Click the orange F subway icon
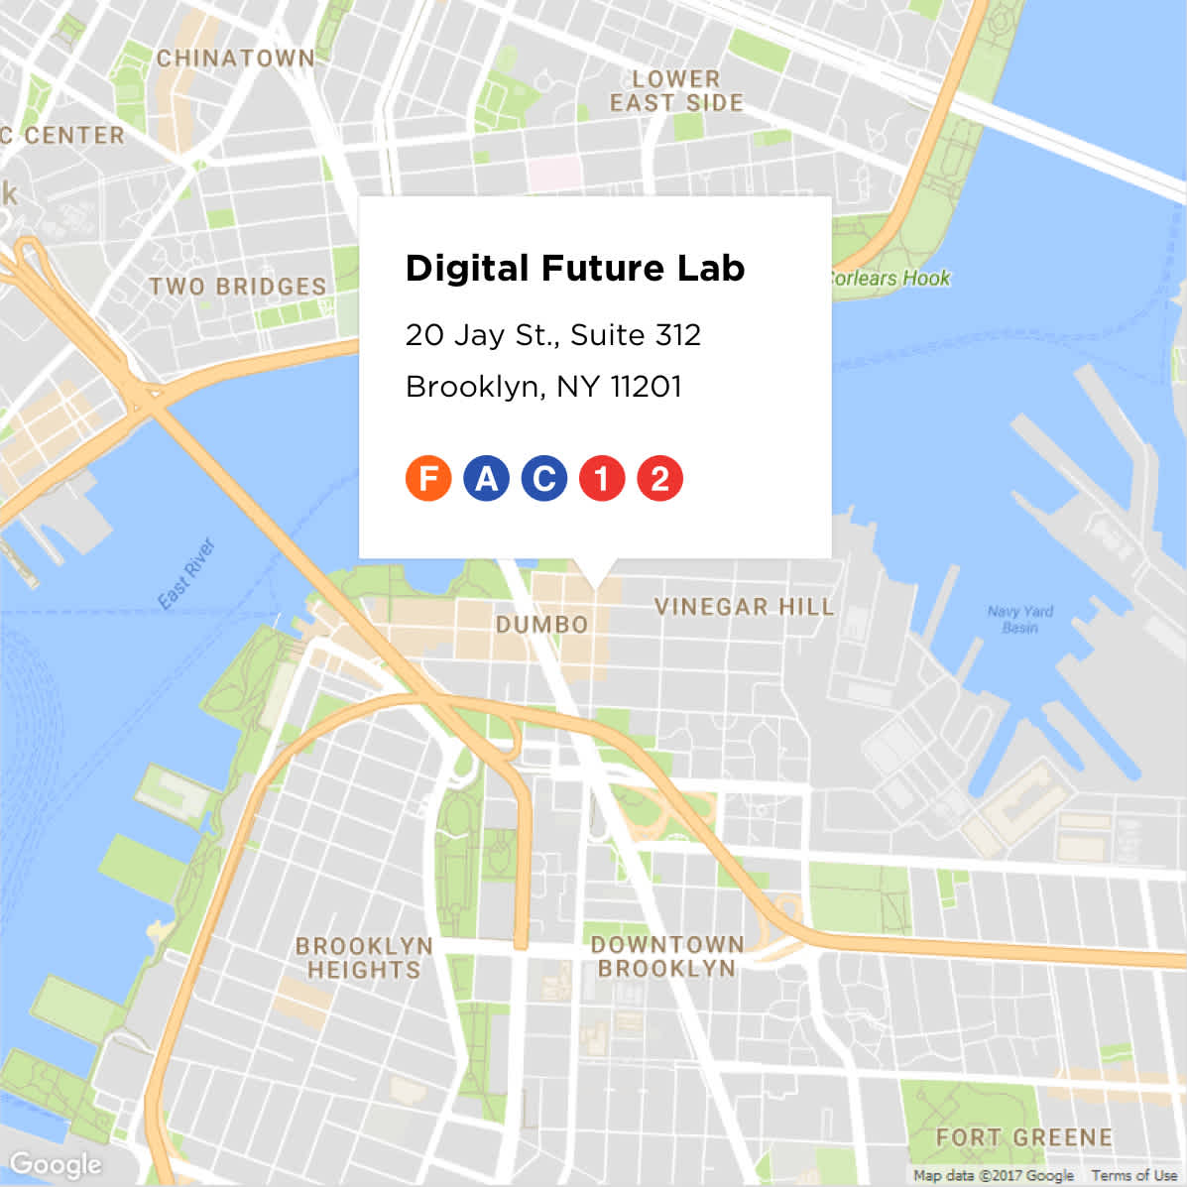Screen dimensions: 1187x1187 (x=428, y=478)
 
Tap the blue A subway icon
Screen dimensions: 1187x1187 (x=486, y=478)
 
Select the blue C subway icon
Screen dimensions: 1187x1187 (x=543, y=478)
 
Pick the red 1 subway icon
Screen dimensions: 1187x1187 (x=602, y=478)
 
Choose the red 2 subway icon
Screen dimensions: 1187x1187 (x=659, y=478)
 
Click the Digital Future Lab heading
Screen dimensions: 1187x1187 (x=575, y=269)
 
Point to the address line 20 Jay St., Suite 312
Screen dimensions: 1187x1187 (x=553, y=335)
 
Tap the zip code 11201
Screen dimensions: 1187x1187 (x=646, y=386)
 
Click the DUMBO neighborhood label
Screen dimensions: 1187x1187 (x=542, y=625)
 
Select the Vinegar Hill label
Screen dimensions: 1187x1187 (x=744, y=607)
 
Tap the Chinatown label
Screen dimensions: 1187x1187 (x=236, y=59)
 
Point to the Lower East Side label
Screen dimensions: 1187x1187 (x=676, y=91)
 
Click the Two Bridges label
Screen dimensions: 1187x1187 (x=238, y=287)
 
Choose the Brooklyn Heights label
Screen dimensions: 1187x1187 (x=364, y=958)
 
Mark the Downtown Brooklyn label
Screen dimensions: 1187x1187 (x=667, y=957)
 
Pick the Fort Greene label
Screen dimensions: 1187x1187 (x=1024, y=1137)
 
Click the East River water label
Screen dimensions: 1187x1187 (x=186, y=574)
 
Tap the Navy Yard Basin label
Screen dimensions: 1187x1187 (x=1020, y=620)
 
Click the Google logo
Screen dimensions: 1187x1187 (x=56, y=1164)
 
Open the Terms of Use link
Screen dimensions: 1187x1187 (x=1134, y=1175)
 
